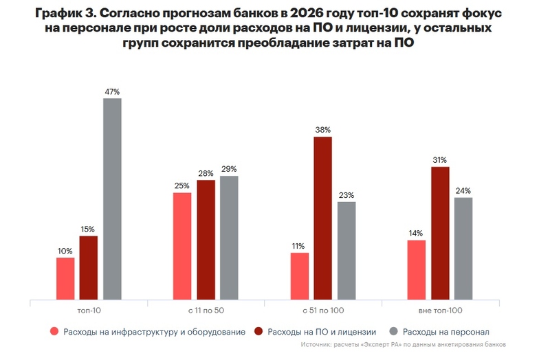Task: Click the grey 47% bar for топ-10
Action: pyautogui.click(x=112, y=199)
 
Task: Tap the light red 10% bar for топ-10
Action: pyautogui.click(x=65, y=279)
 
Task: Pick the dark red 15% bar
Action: pyautogui.click(x=89, y=268)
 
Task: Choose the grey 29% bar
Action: pyautogui.click(x=229, y=238)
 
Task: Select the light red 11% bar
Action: pyautogui.click(x=299, y=276)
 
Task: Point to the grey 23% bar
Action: pyautogui.click(x=346, y=251)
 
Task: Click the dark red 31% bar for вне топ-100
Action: pyautogui.click(x=440, y=234)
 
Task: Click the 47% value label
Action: pyautogui.click(x=112, y=91)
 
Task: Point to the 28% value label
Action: pyautogui.click(x=206, y=173)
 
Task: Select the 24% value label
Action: pyautogui.click(x=463, y=190)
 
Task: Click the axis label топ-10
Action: pyautogui.click(x=89, y=311)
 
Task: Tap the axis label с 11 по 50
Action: pyautogui.click(x=206, y=311)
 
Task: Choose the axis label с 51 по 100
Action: pyautogui.click(x=322, y=311)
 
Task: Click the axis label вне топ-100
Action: pyautogui.click(x=440, y=311)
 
